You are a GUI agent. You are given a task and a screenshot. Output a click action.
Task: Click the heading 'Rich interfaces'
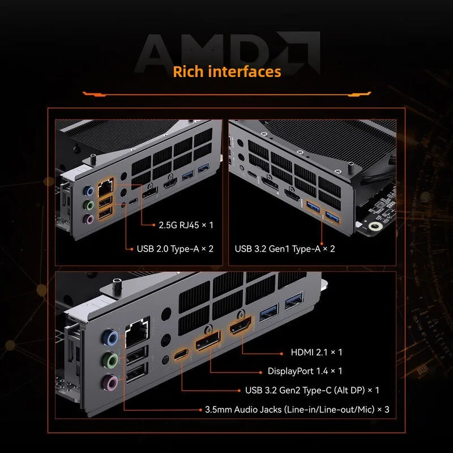[227, 72]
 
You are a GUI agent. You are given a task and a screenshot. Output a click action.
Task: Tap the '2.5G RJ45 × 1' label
[186, 225]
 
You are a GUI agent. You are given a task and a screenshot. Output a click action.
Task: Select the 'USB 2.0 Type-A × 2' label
[175, 249]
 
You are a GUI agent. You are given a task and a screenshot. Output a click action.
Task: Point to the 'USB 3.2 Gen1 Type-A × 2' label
[285, 249]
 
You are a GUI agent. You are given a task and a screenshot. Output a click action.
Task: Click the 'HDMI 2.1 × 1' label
[317, 352]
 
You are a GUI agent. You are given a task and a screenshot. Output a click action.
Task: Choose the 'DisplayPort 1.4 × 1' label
[305, 371]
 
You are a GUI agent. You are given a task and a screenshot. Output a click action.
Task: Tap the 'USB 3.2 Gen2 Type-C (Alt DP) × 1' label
[312, 390]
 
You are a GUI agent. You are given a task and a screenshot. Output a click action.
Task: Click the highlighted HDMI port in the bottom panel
[240, 325]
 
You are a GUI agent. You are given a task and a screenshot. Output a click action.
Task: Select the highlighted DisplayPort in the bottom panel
[208, 340]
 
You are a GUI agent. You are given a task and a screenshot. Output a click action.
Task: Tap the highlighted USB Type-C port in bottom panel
[181, 354]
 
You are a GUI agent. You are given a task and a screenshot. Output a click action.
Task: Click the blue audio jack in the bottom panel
[110, 337]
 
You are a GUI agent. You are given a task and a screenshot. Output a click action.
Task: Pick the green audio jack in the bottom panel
[110, 360]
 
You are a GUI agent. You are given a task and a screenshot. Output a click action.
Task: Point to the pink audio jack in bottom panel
[110, 383]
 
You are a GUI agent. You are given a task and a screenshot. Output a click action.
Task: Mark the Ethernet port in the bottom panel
[137, 332]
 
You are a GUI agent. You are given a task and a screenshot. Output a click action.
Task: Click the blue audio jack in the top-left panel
[88, 191]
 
